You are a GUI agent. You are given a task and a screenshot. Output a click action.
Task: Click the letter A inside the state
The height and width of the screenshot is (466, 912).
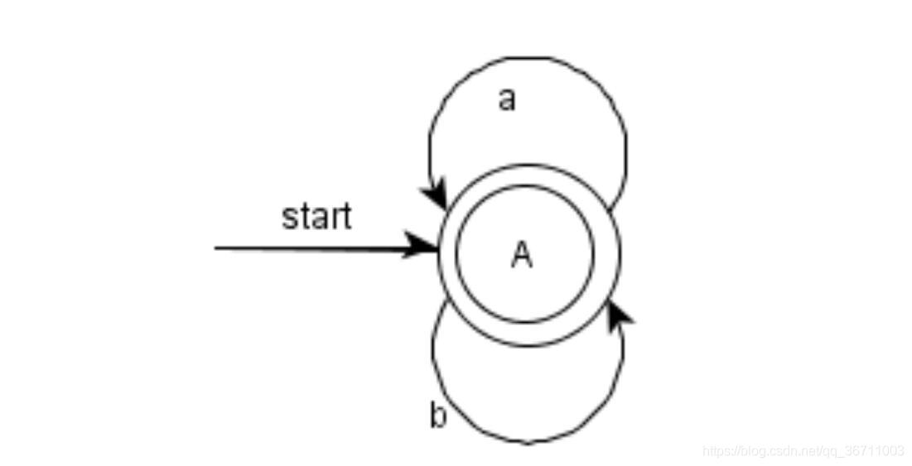click(x=521, y=256)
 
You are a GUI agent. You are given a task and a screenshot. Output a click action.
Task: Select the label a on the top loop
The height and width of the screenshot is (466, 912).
click(x=506, y=99)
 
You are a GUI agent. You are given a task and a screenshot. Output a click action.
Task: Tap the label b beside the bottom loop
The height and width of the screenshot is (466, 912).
click(x=437, y=416)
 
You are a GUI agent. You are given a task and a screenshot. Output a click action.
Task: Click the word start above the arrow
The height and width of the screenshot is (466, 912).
click(x=316, y=217)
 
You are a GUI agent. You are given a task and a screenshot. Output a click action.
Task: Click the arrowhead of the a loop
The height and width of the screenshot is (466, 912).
click(x=436, y=197)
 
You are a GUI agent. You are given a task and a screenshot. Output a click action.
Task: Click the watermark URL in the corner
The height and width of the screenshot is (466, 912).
click(x=803, y=451)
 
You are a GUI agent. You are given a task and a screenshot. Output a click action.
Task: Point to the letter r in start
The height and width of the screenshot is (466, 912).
click(x=333, y=218)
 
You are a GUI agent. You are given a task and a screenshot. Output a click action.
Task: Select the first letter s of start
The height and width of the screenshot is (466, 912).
click(x=288, y=219)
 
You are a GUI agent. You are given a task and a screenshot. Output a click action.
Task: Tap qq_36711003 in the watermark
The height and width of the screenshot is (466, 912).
click(x=866, y=451)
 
